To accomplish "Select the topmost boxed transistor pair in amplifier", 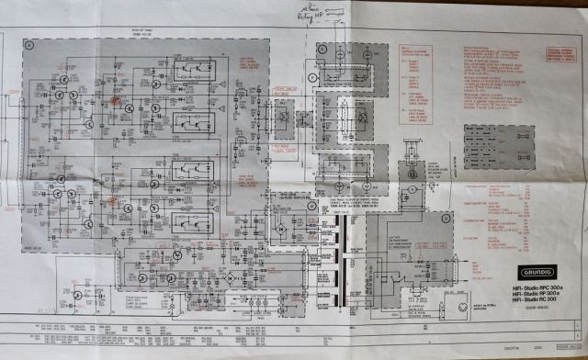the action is tap(198, 67).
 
